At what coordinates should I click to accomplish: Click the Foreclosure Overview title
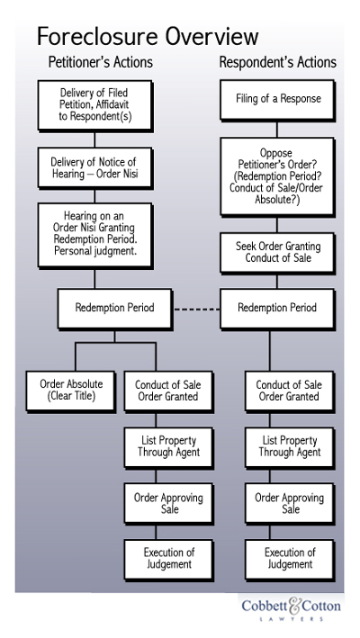click(148, 36)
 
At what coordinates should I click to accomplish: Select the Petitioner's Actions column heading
click(101, 62)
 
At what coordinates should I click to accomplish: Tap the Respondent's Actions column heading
click(278, 62)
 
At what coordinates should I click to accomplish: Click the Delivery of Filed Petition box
click(95, 105)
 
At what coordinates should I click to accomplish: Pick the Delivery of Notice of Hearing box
click(95, 167)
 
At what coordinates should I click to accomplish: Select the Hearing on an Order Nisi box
click(95, 235)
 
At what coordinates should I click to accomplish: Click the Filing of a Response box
click(277, 100)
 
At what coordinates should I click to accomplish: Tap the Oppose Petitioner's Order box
click(277, 176)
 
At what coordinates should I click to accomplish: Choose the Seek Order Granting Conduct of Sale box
click(277, 252)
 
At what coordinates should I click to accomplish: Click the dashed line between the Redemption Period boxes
click(197, 310)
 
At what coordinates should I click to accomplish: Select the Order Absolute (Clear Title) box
click(71, 391)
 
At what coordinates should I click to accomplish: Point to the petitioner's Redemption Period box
click(114, 309)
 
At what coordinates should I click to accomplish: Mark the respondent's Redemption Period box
click(277, 309)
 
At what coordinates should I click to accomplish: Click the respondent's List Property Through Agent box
click(290, 447)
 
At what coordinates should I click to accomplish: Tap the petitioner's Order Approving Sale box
click(168, 503)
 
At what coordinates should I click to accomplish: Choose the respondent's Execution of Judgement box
click(290, 560)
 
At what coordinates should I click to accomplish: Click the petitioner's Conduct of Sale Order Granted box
click(168, 391)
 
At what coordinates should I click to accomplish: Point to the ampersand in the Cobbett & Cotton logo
click(294, 606)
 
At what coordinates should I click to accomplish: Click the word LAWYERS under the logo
click(292, 619)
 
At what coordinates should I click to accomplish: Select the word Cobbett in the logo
click(265, 606)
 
